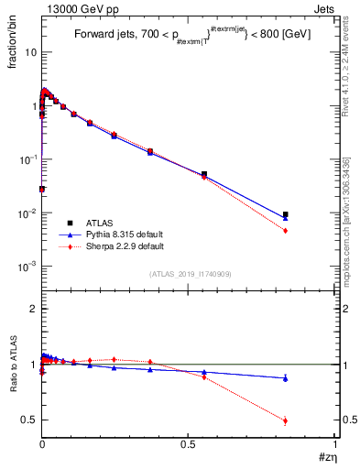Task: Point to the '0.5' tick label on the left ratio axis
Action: point(28,420)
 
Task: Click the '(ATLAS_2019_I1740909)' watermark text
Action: point(190,274)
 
